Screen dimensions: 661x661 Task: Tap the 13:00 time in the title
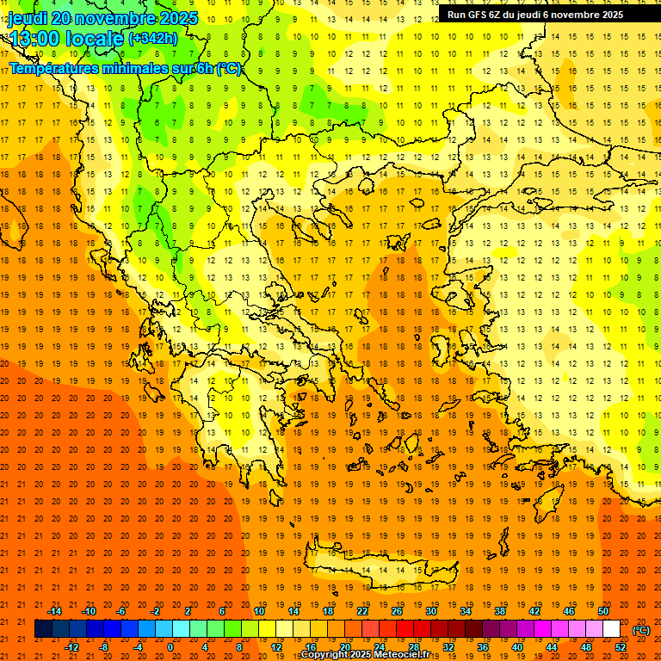[x=34, y=39]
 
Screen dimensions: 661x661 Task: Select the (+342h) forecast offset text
[x=152, y=39]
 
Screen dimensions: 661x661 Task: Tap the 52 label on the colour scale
[x=621, y=647]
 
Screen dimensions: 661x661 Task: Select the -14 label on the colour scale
[x=54, y=611]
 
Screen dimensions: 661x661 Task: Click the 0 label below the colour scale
[x=170, y=647]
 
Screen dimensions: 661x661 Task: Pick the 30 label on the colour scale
[x=430, y=611]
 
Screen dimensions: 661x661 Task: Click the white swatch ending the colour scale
[x=611, y=629]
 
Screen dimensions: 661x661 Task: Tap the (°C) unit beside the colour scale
[x=641, y=630]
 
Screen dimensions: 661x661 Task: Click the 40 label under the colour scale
[x=517, y=647]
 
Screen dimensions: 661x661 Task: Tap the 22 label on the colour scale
[x=362, y=611]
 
